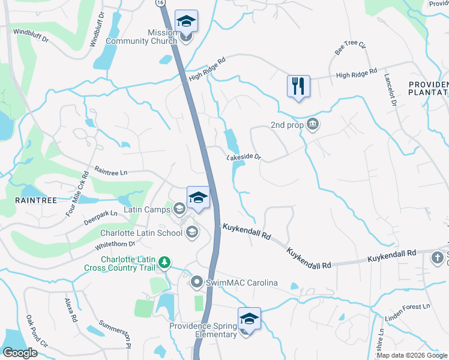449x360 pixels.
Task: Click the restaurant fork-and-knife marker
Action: coord(298,86)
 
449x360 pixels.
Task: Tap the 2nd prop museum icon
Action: coord(313,125)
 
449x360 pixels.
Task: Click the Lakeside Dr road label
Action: coord(244,157)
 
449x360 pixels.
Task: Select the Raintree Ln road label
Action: coord(112,173)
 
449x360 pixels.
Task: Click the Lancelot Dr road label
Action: coord(391,91)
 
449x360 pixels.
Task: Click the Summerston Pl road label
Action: coord(115,333)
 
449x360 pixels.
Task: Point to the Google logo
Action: coord(20,352)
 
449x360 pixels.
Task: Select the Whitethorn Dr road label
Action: coord(115,245)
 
